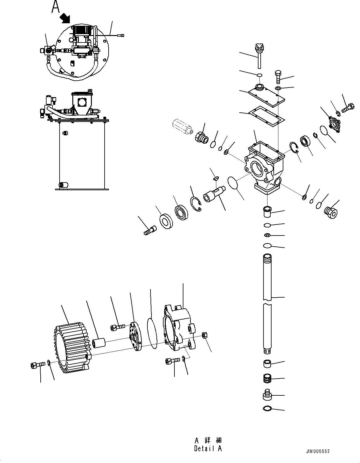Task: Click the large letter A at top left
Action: pyautogui.click(x=56, y=7)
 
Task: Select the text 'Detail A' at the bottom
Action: pyautogui.click(x=208, y=448)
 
